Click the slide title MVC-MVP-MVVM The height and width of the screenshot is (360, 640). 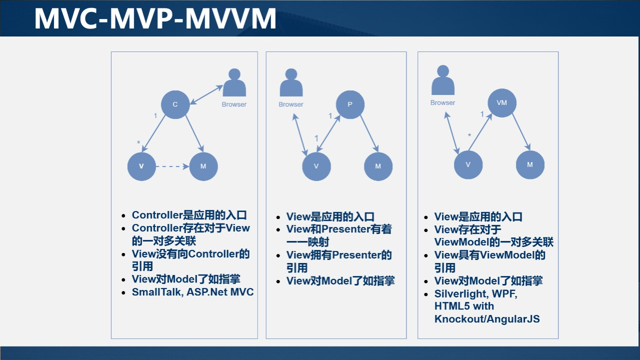[x=155, y=18]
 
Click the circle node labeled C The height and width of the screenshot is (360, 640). [x=175, y=104]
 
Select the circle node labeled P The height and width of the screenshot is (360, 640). [x=350, y=104]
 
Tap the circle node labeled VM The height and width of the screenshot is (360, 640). [x=502, y=102]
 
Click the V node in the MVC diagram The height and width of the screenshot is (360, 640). [x=141, y=166]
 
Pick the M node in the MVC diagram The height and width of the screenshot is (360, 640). [x=203, y=166]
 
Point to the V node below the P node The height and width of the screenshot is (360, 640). [x=316, y=166]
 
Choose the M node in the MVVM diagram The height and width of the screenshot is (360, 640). [x=530, y=164]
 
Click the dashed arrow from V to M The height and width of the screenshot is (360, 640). [x=172, y=166]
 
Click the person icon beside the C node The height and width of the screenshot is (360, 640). [x=234, y=83]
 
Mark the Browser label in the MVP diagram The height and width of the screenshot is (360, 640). [x=291, y=104]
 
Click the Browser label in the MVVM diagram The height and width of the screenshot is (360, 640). [x=443, y=102]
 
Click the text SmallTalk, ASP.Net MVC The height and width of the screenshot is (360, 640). [x=192, y=292]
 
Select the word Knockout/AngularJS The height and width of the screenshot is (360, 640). [x=487, y=319]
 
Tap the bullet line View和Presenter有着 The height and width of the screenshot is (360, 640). [x=339, y=229]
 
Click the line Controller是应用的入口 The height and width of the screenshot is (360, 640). [x=189, y=215]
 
